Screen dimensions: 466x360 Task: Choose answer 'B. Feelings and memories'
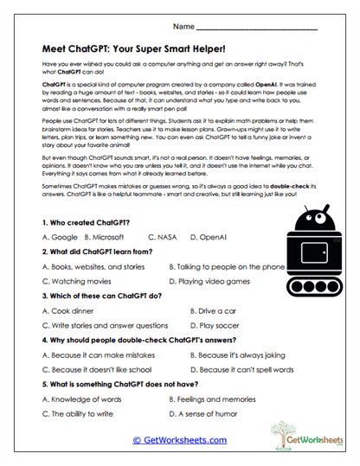(216, 399)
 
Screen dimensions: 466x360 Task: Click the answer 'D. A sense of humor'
(209, 414)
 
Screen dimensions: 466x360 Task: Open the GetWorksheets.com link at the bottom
(179, 440)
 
